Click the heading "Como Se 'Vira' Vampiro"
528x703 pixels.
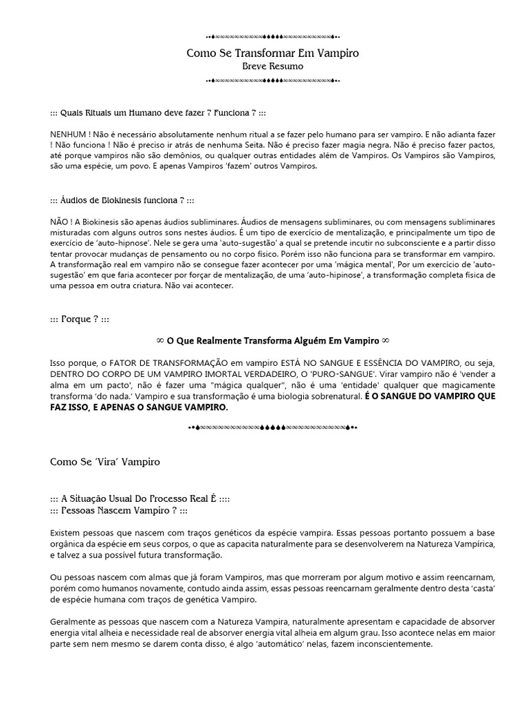pos(105,462)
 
